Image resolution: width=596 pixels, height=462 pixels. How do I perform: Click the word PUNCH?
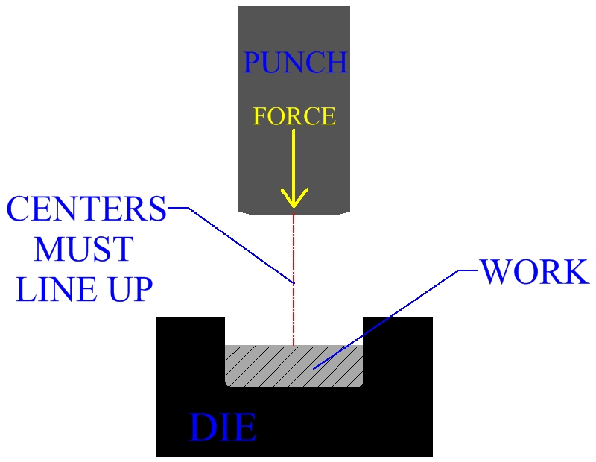point(295,63)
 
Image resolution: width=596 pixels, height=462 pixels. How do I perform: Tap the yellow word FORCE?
point(294,116)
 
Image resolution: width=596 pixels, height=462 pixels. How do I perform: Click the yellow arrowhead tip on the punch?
point(294,206)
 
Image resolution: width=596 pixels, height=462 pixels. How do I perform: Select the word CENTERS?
point(86,209)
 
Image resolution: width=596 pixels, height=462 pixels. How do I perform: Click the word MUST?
point(83,249)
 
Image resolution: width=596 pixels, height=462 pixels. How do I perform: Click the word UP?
point(130,289)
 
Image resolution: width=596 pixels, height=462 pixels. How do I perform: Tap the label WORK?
point(534,272)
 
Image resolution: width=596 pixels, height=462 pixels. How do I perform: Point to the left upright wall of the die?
point(190,350)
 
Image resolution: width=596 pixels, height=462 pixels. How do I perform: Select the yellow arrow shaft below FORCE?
point(294,160)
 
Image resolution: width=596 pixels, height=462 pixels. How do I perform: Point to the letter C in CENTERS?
point(21,209)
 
